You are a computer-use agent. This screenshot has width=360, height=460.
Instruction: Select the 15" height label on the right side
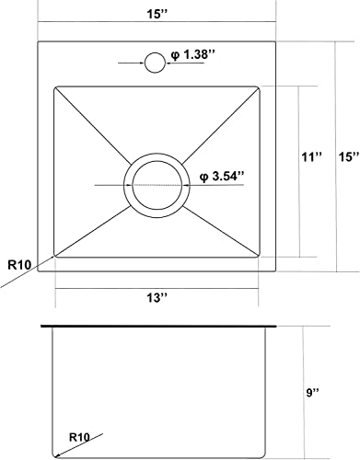click(x=346, y=157)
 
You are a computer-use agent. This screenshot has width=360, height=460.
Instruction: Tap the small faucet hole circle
click(x=156, y=63)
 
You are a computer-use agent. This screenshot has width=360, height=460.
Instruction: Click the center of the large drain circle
click(x=156, y=182)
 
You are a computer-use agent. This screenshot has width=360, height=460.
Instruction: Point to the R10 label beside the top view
click(x=17, y=265)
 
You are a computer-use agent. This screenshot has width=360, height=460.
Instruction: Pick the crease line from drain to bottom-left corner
click(x=92, y=229)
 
